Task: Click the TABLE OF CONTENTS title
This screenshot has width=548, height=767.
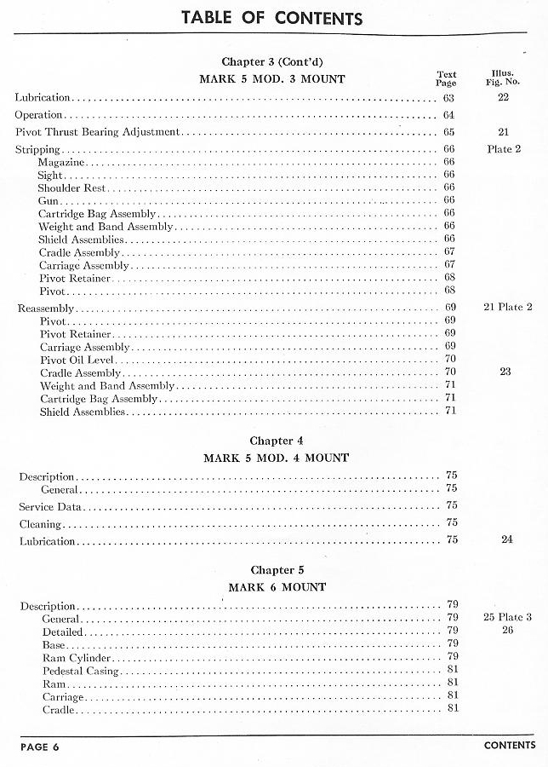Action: (271, 18)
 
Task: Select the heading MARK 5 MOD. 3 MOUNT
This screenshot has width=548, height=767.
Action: (272, 79)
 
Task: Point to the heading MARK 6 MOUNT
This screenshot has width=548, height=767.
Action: (277, 587)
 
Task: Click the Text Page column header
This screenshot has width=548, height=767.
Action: (447, 78)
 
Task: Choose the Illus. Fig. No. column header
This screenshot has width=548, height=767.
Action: (502, 78)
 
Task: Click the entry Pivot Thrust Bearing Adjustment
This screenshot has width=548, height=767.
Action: (98, 132)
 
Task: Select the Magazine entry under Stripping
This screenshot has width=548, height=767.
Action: (61, 162)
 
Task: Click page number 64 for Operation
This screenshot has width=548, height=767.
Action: (448, 115)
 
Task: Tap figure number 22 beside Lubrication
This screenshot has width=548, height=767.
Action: (503, 98)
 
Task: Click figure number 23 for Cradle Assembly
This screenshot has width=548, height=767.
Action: (505, 372)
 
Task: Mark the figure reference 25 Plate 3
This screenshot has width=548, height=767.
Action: (507, 617)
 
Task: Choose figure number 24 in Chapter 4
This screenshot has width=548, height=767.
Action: (507, 539)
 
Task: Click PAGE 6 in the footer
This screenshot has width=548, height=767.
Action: (40, 747)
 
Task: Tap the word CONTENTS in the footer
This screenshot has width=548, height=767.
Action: (510, 746)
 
